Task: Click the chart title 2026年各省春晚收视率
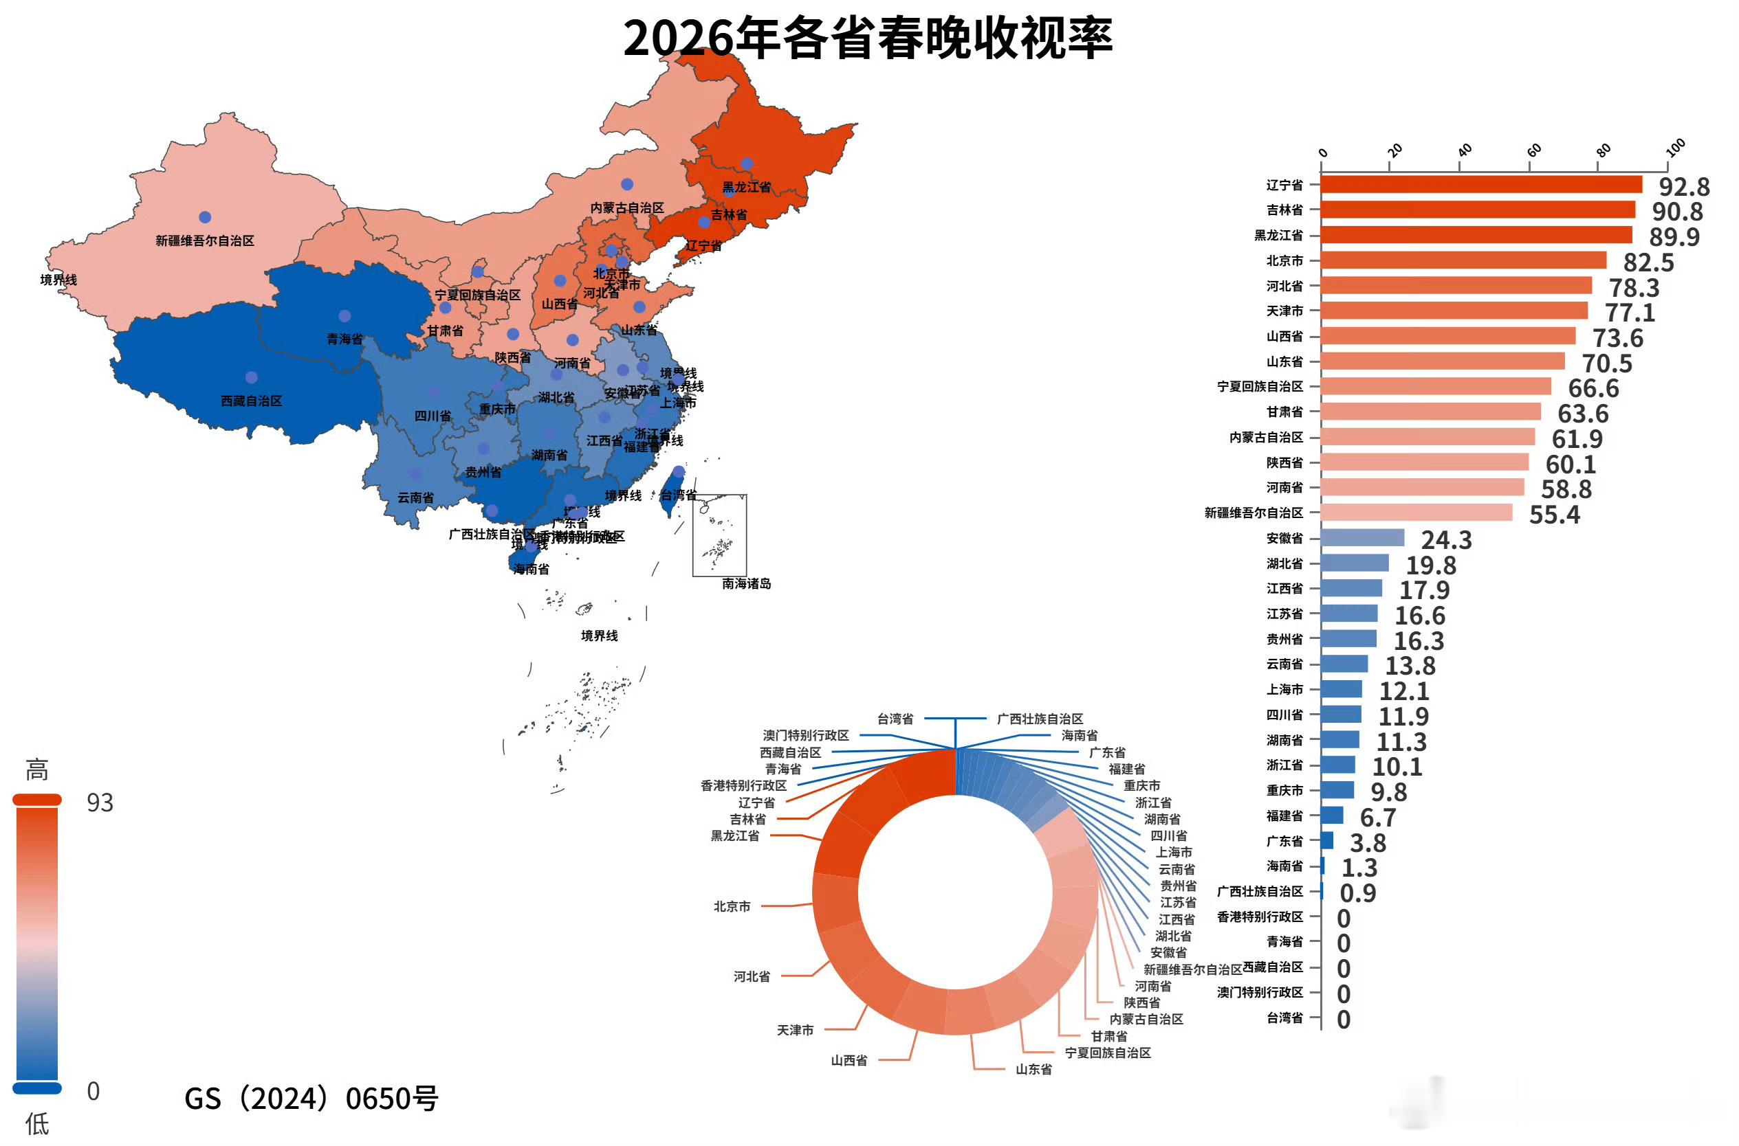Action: pos(867,38)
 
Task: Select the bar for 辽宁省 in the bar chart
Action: pos(1480,185)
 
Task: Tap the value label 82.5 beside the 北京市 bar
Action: pos(1648,262)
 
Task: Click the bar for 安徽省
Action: pos(1362,539)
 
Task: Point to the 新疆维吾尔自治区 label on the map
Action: pos(205,240)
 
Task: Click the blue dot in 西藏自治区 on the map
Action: pos(252,378)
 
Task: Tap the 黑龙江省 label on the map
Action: pos(747,187)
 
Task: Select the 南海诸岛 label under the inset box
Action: pos(746,584)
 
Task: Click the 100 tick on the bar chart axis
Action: pos(1675,148)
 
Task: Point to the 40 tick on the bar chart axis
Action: pos(1465,150)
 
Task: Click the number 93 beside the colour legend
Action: pos(100,803)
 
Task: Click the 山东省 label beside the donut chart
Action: pos(1033,1070)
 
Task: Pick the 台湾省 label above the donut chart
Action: pos(895,719)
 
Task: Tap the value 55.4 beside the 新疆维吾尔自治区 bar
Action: pos(1554,515)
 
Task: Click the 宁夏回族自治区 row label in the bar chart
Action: pos(1259,387)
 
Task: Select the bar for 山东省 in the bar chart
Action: pos(1442,362)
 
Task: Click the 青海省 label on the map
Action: pos(344,339)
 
